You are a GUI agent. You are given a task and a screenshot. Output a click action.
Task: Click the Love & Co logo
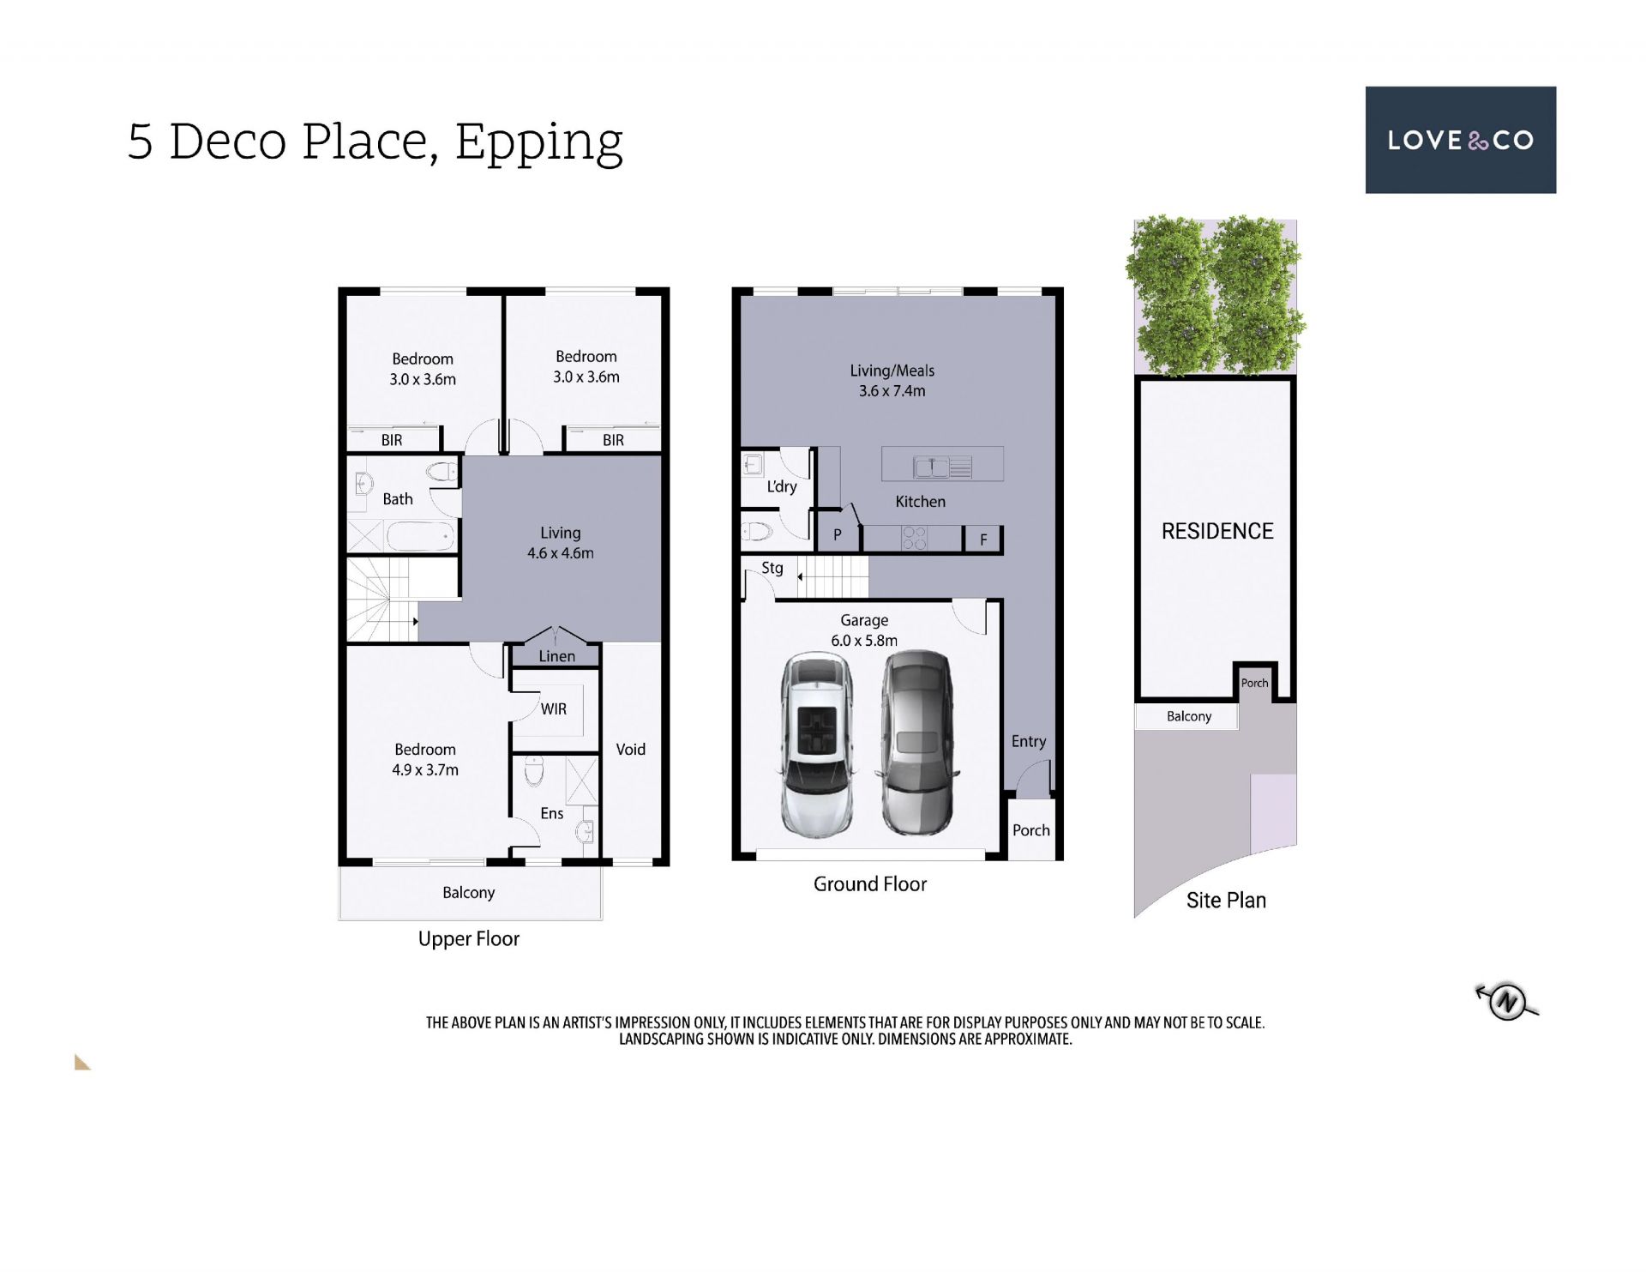tap(1460, 140)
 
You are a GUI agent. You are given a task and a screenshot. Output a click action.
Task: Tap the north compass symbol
tap(1506, 1001)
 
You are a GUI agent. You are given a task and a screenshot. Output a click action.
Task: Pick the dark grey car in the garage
tap(917, 743)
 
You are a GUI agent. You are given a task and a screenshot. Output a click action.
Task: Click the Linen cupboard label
tap(556, 656)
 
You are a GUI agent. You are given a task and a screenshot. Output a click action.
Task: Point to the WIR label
tap(554, 709)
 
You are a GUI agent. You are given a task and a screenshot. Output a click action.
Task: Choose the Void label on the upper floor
tap(630, 749)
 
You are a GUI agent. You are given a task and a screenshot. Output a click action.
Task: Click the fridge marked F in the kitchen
tap(982, 539)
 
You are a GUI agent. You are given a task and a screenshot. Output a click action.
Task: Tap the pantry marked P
tap(837, 535)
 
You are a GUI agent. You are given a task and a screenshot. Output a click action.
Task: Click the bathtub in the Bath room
tap(420, 537)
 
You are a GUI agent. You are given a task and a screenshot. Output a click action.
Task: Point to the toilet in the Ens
tap(533, 771)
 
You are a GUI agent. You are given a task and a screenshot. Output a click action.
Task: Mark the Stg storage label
tap(772, 568)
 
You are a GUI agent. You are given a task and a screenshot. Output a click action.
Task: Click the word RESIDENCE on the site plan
tap(1217, 531)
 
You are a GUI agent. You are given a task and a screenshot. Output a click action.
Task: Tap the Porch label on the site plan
tap(1254, 683)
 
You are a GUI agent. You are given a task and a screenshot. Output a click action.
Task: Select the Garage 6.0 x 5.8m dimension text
tap(864, 640)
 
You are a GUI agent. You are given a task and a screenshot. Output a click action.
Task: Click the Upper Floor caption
tap(469, 939)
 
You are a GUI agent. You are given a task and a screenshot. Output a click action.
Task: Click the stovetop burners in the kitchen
tap(914, 538)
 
